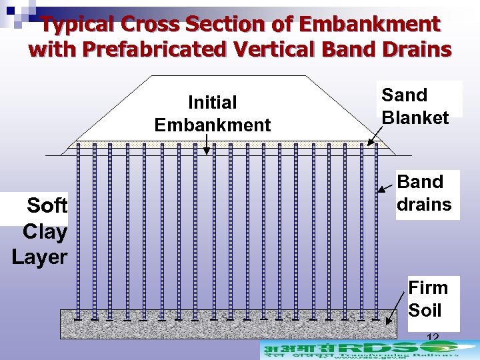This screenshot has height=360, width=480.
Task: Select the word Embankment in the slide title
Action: click(x=369, y=25)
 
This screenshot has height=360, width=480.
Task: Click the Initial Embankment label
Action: click(x=212, y=113)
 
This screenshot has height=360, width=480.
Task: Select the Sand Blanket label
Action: click(x=415, y=106)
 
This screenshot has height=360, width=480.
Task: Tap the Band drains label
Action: click(x=424, y=193)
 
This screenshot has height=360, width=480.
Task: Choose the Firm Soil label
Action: click(x=428, y=299)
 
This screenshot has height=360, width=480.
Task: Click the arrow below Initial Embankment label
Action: click(x=207, y=144)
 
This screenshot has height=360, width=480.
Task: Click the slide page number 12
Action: click(x=432, y=338)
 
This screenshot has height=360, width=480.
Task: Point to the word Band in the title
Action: click(x=358, y=49)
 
